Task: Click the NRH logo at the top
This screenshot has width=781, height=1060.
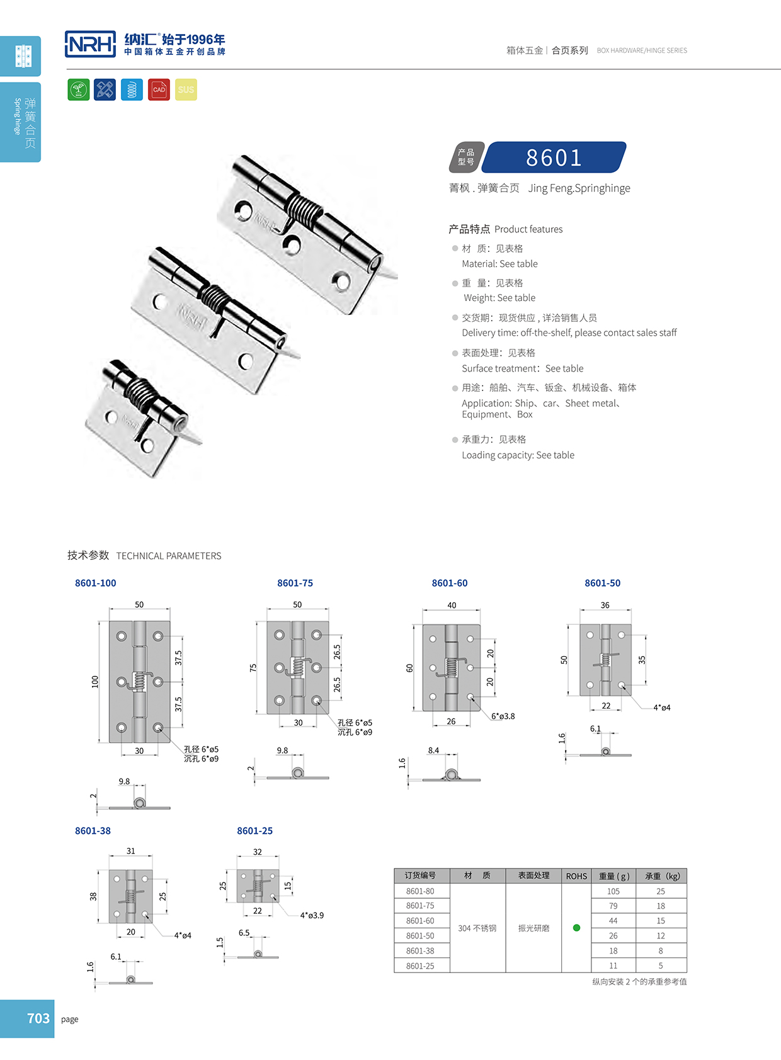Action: click(91, 44)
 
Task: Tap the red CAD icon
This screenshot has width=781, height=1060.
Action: click(159, 89)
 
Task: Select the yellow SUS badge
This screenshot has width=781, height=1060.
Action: click(186, 89)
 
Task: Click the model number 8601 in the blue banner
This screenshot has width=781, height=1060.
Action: click(554, 157)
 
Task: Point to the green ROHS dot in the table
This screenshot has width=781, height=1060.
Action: click(576, 928)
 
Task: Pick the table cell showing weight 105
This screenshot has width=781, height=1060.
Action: click(613, 891)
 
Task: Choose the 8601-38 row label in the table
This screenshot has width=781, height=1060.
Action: click(420, 950)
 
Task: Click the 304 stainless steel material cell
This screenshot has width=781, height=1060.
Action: click(477, 928)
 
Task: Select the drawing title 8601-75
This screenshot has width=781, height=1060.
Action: click(295, 583)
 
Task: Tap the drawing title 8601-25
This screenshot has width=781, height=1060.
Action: click(254, 831)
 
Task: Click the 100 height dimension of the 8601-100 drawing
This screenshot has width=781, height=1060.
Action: click(95, 681)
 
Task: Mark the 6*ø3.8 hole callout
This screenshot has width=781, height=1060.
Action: click(503, 716)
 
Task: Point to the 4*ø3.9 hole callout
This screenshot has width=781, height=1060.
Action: click(312, 915)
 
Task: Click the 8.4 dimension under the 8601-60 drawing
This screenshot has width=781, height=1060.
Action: click(433, 750)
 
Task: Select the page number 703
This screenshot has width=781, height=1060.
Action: click(38, 1018)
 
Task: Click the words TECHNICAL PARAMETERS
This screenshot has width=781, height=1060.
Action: click(169, 556)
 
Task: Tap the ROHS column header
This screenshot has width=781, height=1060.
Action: click(576, 876)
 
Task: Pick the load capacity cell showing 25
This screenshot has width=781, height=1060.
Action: click(661, 891)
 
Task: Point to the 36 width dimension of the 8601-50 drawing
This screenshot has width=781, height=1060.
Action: click(605, 605)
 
